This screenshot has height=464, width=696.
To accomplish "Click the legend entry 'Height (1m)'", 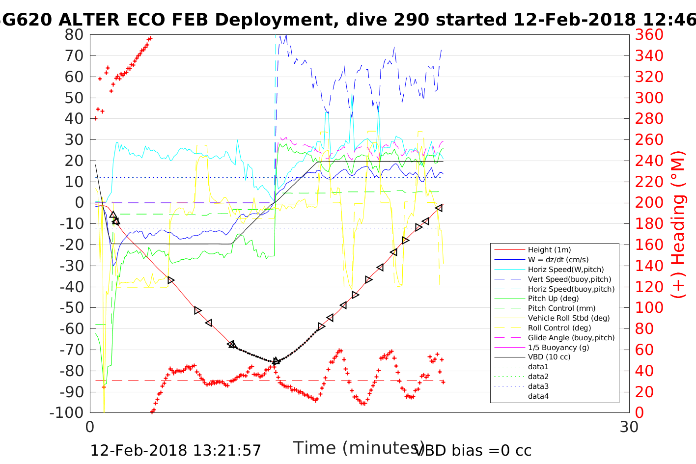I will [549, 250].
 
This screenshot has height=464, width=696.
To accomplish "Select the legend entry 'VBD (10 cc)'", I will [549, 357].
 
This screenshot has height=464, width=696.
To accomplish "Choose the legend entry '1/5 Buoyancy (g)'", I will [558, 348].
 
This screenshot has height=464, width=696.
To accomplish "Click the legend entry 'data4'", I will [538, 396].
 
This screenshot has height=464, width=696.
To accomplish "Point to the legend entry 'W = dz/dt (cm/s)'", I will [558, 260].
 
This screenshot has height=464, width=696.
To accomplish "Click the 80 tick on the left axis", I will [74, 35].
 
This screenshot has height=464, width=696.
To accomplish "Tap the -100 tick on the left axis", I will [67, 412].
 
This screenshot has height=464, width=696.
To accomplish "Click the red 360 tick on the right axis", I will [649, 35].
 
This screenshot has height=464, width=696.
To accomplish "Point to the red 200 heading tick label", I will [649, 203].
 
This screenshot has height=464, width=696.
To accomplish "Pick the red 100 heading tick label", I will [649, 307].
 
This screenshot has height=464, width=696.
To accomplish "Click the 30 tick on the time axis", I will [629, 427].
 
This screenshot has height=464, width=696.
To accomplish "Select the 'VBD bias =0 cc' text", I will [473, 450].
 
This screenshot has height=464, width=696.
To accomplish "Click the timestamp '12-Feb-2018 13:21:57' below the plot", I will [175, 450].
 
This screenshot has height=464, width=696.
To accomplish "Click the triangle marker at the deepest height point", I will [276, 361].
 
